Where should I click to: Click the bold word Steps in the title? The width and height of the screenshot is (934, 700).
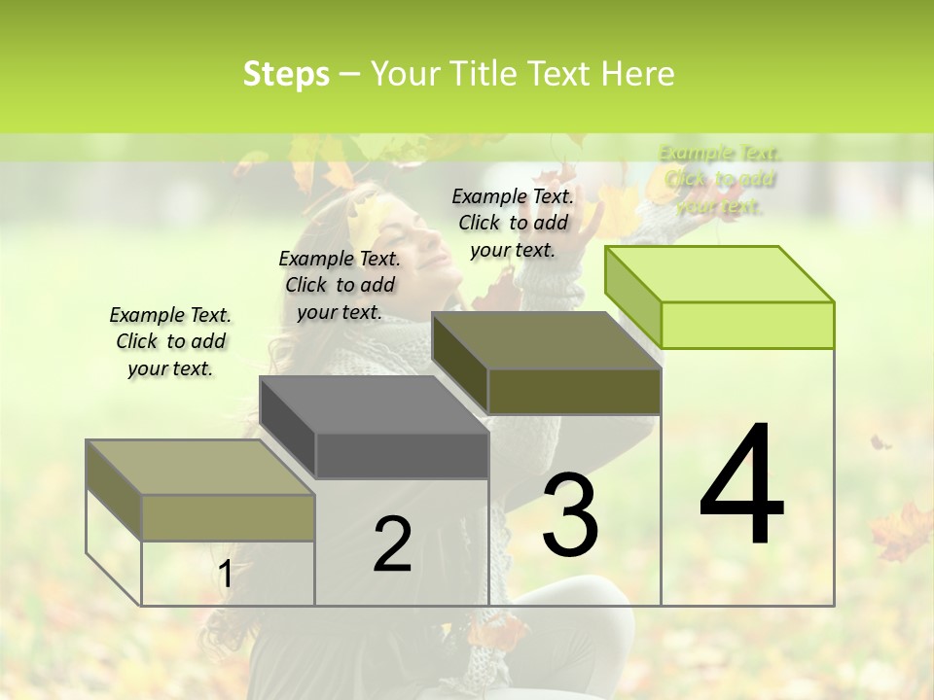[x=286, y=74]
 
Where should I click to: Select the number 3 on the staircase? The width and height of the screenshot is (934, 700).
[x=570, y=514]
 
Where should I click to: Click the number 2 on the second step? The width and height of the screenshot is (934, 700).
[x=393, y=544]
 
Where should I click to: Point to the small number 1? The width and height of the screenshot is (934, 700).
[x=225, y=575]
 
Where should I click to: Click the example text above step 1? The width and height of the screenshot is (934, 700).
[x=170, y=341]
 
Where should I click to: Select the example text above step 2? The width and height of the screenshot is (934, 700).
[x=340, y=285]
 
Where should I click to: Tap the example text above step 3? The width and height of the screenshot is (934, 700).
[x=513, y=223]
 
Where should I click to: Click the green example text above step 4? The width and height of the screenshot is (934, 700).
[x=720, y=179]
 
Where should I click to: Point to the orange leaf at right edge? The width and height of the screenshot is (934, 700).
[x=902, y=531]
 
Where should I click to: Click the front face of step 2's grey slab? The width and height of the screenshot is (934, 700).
[x=402, y=455]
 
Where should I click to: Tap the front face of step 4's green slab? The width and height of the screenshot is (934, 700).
[x=747, y=325]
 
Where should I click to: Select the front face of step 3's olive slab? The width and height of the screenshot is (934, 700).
[x=574, y=391]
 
